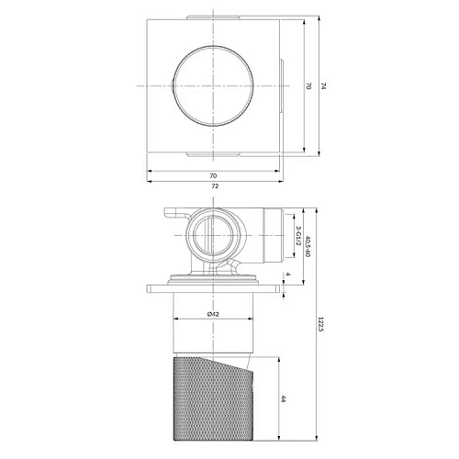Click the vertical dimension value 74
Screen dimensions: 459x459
tap(324, 85)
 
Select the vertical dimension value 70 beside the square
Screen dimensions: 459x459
tap(308, 85)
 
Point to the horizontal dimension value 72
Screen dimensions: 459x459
tap(215, 186)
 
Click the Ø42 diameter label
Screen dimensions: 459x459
tap(213, 315)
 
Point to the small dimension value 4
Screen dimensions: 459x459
tap(286, 274)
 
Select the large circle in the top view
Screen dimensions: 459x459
tap(213, 85)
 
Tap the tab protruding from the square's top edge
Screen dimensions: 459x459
tap(213, 17)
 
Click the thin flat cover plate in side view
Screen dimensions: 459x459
tap(213, 286)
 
